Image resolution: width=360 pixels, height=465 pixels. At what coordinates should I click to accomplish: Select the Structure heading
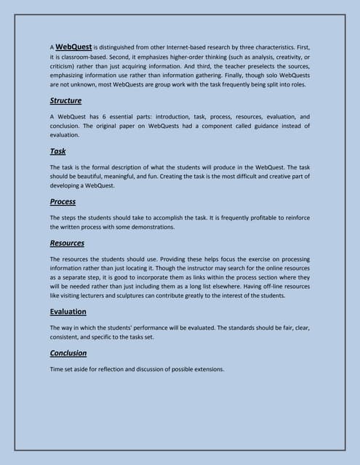pyautogui.click(x=65, y=101)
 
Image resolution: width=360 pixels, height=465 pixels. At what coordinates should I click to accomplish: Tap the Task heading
pyautogui.click(x=57, y=151)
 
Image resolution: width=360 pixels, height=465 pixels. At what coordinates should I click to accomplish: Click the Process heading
pyautogui.click(x=63, y=201)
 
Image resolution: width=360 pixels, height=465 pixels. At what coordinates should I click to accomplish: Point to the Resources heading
pyautogui.click(x=67, y=243)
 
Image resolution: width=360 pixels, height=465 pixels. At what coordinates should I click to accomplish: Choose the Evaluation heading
pyautogui.click(x=68, y=312)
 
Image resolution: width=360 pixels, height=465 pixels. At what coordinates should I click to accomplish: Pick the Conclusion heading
pyautogui.click(x=68, y=353)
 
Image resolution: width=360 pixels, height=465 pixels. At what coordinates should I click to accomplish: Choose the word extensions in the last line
pyautogui.click(x=207, y=370)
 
